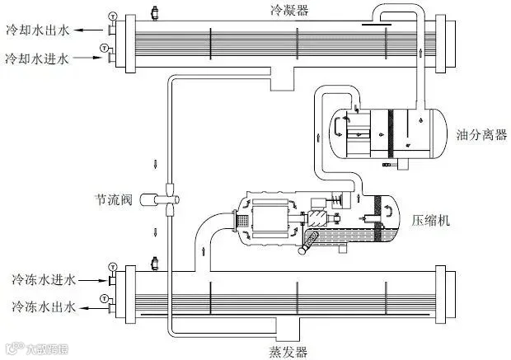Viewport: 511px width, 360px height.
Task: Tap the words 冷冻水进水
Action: point(43,281)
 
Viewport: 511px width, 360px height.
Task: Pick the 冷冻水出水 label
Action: point(43,307)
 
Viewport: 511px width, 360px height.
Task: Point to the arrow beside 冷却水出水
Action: point(91,30)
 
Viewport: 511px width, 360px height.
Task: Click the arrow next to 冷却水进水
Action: point(91,60)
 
